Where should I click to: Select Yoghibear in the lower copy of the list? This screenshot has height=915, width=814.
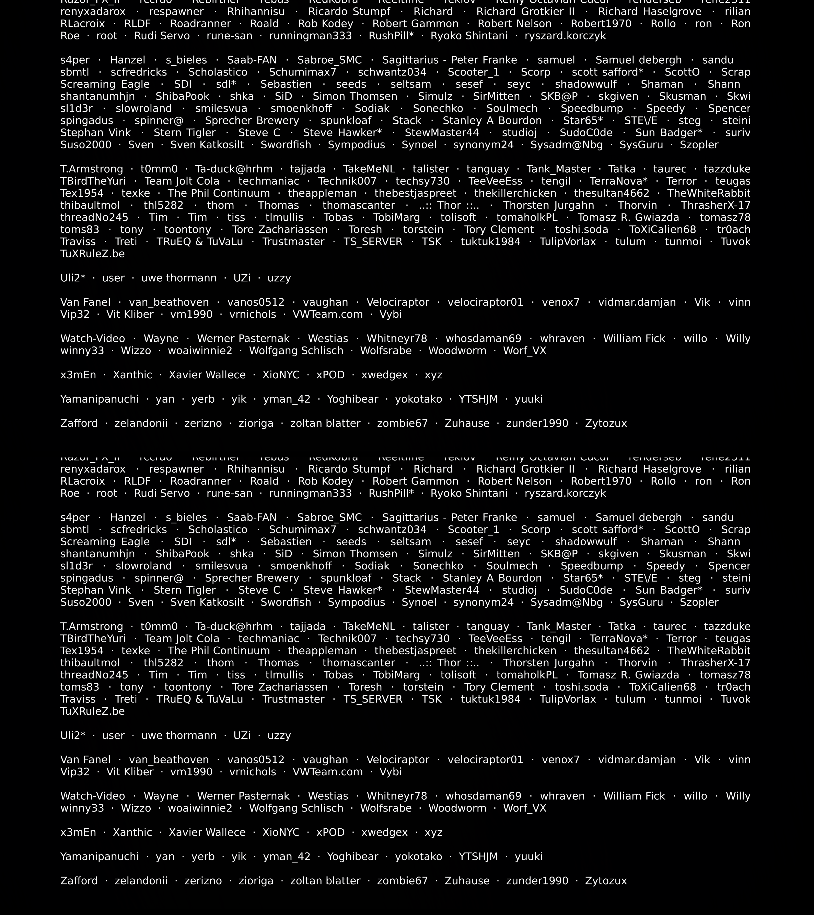[353, 856]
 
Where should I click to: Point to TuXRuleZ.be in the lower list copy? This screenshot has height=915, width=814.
[92, 711]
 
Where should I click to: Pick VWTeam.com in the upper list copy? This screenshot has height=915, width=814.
[327, 314]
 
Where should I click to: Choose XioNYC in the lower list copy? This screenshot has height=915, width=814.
[281, 832]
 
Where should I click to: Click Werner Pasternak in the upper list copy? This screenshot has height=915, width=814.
[243, 338]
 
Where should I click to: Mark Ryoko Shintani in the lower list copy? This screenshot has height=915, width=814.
[469, 493]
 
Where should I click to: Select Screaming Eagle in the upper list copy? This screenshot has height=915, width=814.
[105, 84]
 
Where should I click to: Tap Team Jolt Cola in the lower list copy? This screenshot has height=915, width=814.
[182, 639]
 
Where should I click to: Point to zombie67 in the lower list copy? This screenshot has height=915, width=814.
[402, 880]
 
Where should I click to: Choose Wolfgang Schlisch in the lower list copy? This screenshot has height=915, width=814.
[296, 808]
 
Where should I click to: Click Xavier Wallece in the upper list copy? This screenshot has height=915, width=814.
[207, 375]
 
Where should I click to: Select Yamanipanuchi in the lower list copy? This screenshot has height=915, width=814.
[100, 856]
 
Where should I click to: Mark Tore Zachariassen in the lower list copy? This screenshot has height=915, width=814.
[280, 687]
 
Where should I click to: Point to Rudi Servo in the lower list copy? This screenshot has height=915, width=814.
[162, 493]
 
